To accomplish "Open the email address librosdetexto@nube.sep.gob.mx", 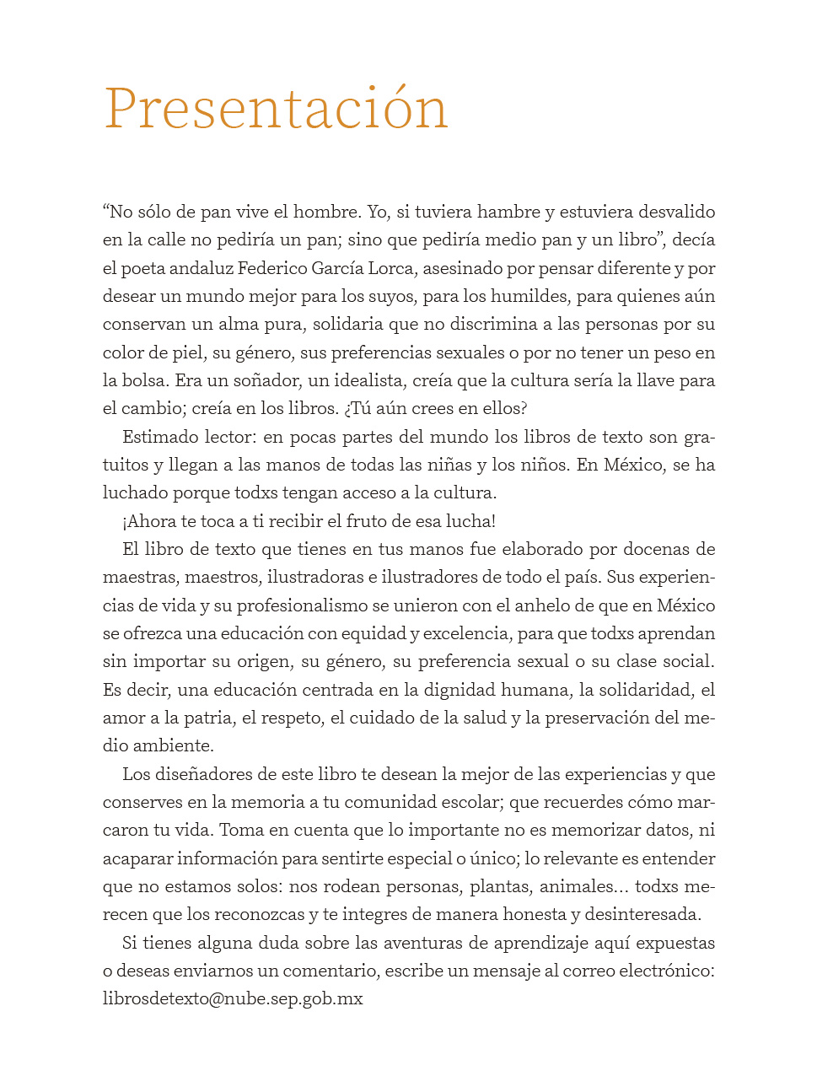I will click(233, 999).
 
